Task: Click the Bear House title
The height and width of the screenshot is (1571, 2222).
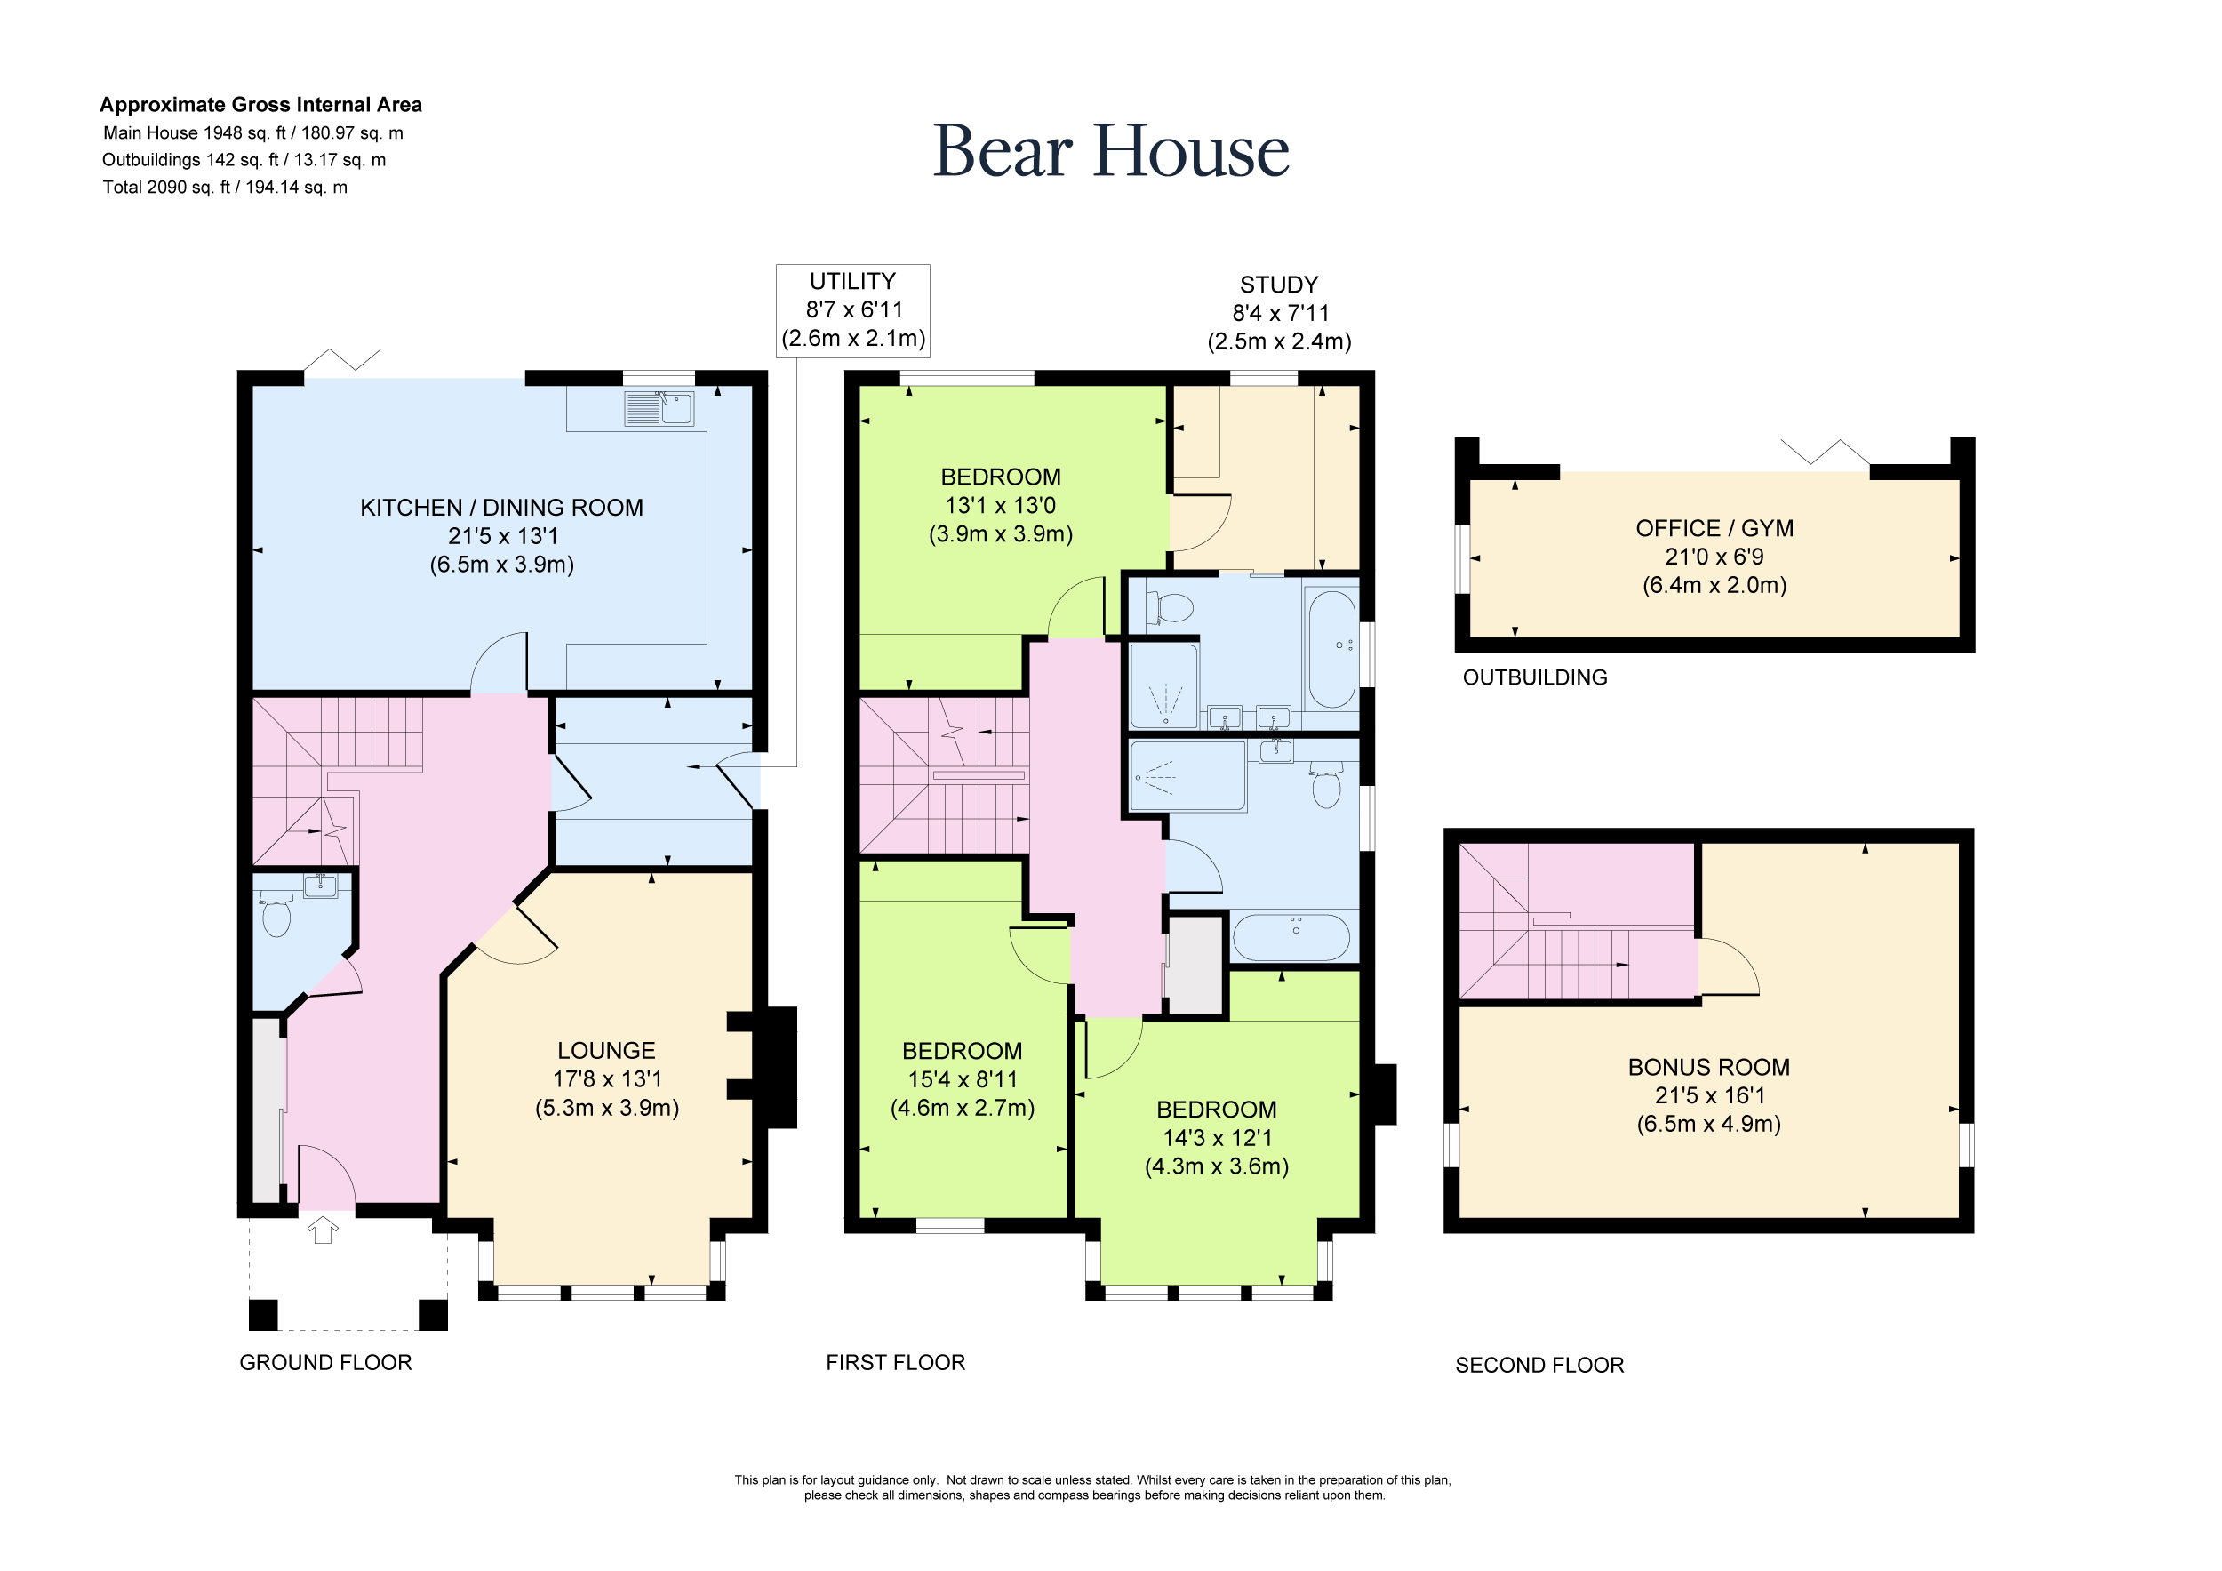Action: (x=1111, y=151)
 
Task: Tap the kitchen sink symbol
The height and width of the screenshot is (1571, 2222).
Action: (x=658, y=408)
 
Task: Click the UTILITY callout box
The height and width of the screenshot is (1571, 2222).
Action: (x=852, y=309)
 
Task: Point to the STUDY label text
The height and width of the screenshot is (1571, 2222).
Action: (x=1278, y=285)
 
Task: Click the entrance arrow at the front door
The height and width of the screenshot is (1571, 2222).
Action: (x=323, y=1230)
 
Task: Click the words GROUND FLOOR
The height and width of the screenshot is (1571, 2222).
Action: (x=325, y=1362)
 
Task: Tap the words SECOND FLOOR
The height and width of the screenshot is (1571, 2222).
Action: (x=1539, y=1365)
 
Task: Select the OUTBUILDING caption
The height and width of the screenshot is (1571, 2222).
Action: (x=1535, y=677)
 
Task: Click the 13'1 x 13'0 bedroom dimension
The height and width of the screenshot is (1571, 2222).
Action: (x=1000, y=505)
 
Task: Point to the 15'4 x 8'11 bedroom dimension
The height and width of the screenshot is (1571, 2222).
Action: (x=962, y=1079)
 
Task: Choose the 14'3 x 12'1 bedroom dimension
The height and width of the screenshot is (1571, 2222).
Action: (x=1217, y=1137)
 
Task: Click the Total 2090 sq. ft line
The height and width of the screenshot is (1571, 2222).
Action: (x=225, y=187)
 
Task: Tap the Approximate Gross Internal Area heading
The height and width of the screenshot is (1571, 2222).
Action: (x=260, y=105)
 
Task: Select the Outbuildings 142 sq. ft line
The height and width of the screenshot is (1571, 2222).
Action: (x=244, y=160)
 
